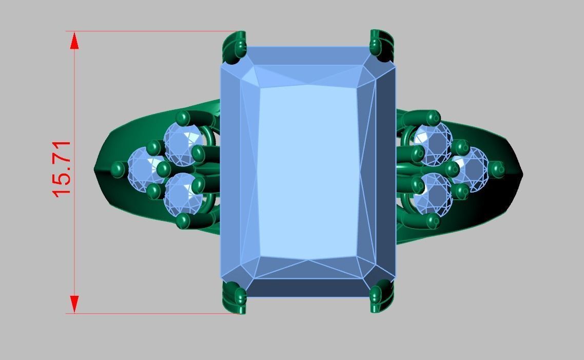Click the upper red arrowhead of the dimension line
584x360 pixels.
pos(74,41)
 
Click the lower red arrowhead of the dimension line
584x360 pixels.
pos(74,304)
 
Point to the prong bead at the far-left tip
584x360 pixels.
pos(119,168)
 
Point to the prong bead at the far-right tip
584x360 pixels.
pos(497,167)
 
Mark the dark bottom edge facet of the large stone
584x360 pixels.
pos(308,288)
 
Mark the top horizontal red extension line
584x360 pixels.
pos(154,31)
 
